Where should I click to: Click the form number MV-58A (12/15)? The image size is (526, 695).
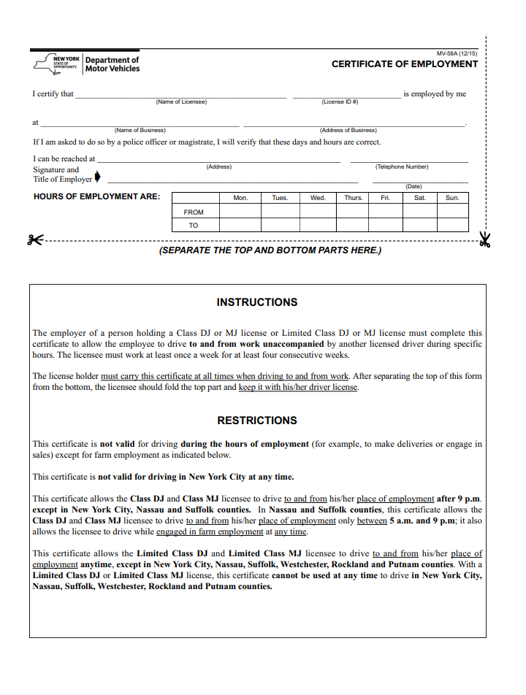[457, 54]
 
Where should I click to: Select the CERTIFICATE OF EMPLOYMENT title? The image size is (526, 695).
[404, 64]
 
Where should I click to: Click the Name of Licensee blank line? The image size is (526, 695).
[180, 96]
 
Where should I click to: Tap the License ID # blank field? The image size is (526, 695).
[346, 96]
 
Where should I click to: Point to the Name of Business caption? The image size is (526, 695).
[140, 131]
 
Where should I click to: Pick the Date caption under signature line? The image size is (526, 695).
[413, 187]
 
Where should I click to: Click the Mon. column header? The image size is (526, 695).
[240, 198]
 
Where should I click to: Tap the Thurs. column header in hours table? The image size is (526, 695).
[353, 198]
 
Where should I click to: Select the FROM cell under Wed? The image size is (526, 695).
[318, 212]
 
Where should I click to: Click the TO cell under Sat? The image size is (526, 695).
[419, 225]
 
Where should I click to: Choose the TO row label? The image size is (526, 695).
[194, 226]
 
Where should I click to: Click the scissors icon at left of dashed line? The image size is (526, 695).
[35, 239]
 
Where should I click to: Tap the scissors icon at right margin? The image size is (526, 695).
[484, 239]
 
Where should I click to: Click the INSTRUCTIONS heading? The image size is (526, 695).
[257, 302]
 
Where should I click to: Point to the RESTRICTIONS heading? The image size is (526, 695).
[257, 421]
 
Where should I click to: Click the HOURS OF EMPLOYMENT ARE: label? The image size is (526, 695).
[97, 197]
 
